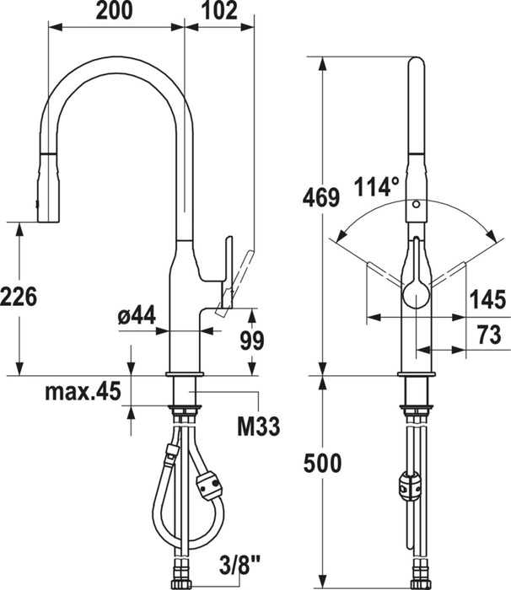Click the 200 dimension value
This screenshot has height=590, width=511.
click(115, 10)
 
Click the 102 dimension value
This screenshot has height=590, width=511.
click(220, 10)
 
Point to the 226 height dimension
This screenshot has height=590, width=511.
click(19, 297)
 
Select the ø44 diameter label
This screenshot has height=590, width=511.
click(137, 315)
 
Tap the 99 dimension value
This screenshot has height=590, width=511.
click(252, 341)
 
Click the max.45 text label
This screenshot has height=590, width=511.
click(83, 391)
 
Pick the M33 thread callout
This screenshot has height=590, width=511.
click(258, 426)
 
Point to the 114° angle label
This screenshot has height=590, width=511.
click(376, 186)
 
